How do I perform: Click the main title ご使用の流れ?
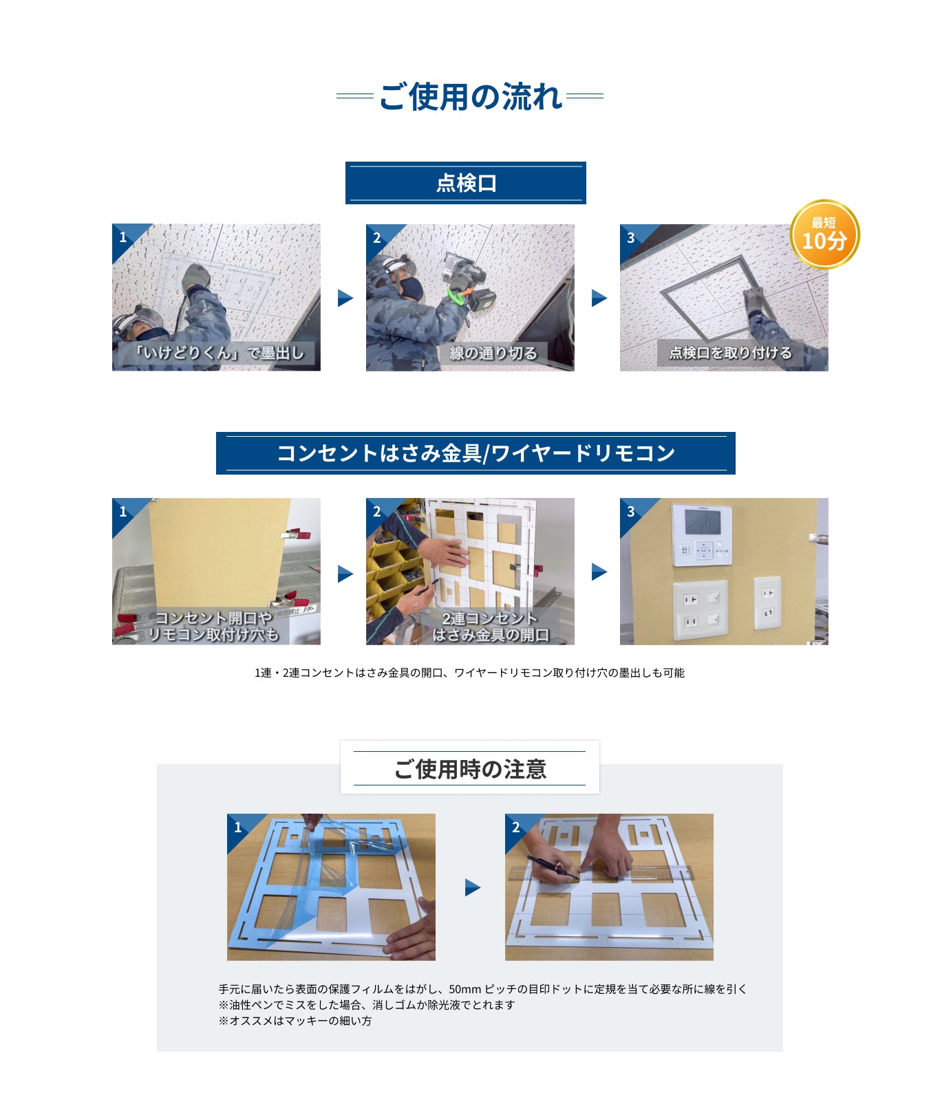[x=471, y=96]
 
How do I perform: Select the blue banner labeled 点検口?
[x=465, y=183]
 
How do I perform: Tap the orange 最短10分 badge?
[x=824, y=234]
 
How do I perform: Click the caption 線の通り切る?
[x=493, y=353]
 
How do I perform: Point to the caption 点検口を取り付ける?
[x=730, y=353]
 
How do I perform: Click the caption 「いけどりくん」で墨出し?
[x=218, y=353]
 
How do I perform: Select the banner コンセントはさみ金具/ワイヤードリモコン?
[x=476, y=453]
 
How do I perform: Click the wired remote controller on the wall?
[x=702, y=535]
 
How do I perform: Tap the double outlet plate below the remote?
[x=701, y=610]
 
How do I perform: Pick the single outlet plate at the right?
[x=768, y=603]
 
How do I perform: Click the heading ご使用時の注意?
[x=470, y=769]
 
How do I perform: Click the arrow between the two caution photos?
[x=472, y=887]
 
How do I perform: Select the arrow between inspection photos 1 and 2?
[x=345, y=298]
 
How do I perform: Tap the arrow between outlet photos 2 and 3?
[x=599, y=572]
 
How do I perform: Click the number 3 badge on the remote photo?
[x=630, y=511]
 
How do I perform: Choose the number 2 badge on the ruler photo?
[x=515, y=827]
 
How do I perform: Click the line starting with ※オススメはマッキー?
[x=295, y=1021]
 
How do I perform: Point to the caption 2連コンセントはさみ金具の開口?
[x=490, y=627]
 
